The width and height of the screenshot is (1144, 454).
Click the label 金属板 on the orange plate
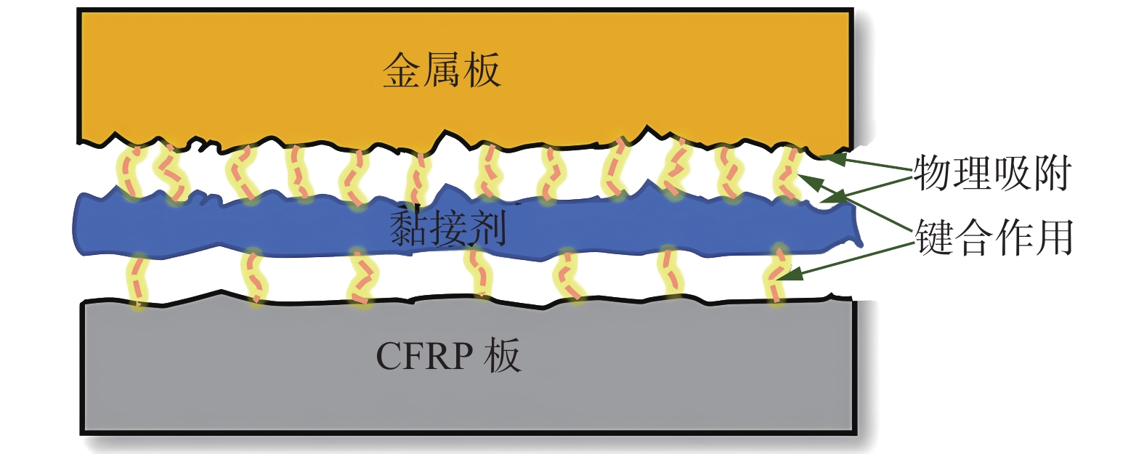tap(442, 70)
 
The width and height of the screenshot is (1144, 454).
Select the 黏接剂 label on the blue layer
tap(447, 227)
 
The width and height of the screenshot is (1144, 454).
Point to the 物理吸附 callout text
tap(992, 173)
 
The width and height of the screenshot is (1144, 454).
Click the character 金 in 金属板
tap(402, 70)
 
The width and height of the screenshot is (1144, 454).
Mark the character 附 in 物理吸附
tap(1053, 173)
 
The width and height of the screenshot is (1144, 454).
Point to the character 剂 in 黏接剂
tap(487, 227)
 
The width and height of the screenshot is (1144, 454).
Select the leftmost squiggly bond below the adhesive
tap(137, 280)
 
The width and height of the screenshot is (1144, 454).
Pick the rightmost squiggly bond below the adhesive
tap(777, 276)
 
